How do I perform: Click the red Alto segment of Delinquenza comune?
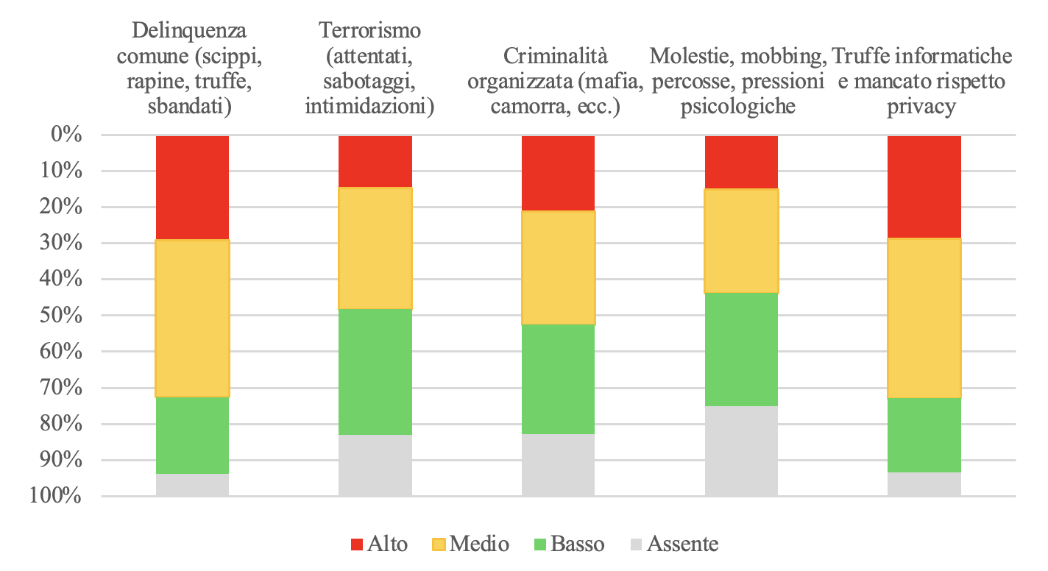pos(192,188)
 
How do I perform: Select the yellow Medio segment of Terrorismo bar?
pos(375,248)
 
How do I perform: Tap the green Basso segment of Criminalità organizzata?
pos(558,379)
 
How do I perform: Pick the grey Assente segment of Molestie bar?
pos(741,451)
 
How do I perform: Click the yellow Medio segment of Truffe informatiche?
pos(924,318)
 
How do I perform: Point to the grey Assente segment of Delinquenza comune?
pos(192,485)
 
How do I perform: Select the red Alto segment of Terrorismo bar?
pos(375,161)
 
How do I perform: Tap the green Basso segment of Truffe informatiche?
pos(924,435)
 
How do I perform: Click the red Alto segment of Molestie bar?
pos(741,162)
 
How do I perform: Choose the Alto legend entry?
pos(379,545)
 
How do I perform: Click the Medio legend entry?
pos(470,545)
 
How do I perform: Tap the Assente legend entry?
pos(674,545)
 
